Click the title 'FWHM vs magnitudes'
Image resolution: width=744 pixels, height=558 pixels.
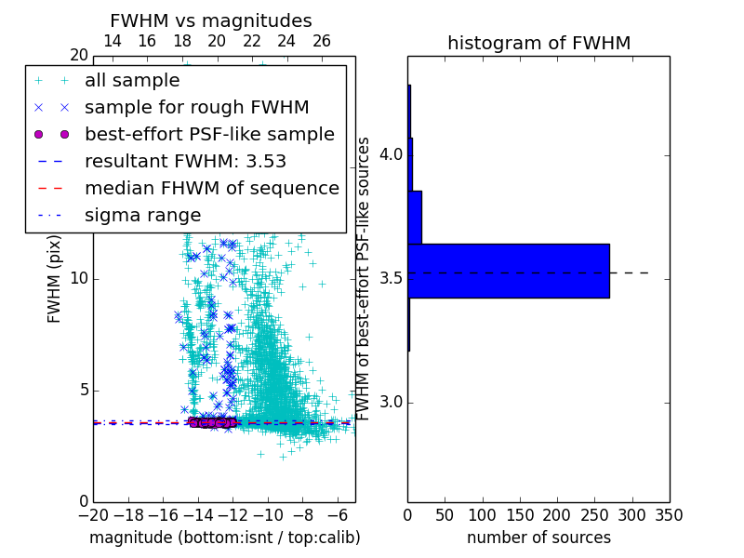(x=211, y=20)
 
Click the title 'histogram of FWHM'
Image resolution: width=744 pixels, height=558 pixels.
(x=538, y=43)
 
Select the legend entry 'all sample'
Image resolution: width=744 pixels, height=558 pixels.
(x=132, y=81)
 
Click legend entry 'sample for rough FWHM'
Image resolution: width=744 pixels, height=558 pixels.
(x=196, y=108)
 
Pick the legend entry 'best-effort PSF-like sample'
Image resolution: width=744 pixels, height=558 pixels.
(x=209, y=134)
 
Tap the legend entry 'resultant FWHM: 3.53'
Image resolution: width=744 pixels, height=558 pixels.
(x=185, y=161)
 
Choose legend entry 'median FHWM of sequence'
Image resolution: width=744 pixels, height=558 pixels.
(x=211, y=188)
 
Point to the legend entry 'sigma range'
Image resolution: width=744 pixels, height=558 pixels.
(x=142, y=215)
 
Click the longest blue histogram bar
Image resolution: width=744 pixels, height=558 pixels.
(x=508, y=271)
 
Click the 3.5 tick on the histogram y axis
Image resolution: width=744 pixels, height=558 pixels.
(x=393, y=278)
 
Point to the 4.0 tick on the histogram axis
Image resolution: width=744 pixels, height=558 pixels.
(x=393, y=154)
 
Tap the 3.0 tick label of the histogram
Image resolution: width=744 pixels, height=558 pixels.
(x=393, y=402)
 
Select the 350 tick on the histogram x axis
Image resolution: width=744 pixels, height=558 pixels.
(x=670, y=515)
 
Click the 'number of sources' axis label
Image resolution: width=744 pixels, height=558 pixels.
(x=538, y=538)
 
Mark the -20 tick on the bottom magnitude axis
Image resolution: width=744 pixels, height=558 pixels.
(x=93, y=515)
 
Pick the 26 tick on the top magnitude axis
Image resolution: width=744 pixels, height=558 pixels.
(x=322, y=41)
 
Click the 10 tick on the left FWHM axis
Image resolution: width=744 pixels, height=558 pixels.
(x=78, y=278)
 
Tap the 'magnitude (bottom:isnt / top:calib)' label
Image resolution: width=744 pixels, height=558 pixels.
(x=224, y=538)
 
